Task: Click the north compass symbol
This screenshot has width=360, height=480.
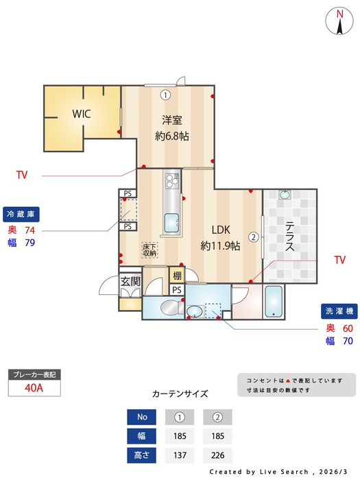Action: point(339,21)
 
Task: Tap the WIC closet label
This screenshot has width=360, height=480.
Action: point(83,114)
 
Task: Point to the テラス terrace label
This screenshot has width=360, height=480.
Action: point(290,237)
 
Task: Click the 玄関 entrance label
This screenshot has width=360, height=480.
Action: point(130,281)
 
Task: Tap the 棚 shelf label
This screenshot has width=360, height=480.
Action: point(177,276)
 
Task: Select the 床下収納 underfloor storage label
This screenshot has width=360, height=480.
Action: point(149,250)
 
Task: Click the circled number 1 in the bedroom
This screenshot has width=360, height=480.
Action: point(165,95)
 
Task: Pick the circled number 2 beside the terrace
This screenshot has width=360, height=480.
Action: point(253,237)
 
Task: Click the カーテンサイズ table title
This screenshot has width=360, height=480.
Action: point(180,394)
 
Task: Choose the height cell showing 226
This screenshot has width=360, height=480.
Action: point(218,455)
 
